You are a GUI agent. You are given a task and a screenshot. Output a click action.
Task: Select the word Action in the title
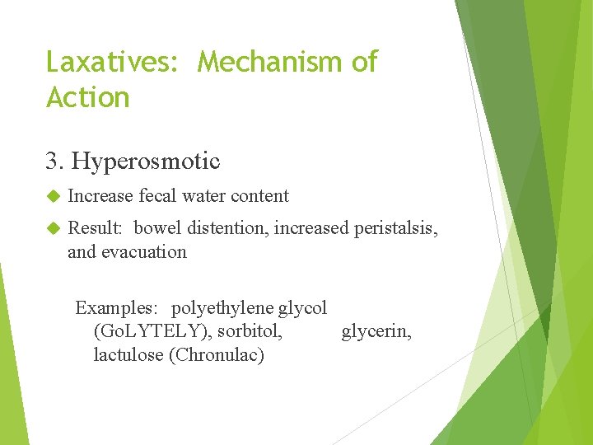click(88, 98)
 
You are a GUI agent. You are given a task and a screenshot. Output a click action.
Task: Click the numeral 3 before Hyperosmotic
click(54, 161)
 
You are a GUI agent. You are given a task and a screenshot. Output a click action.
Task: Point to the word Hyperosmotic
click(146, 162)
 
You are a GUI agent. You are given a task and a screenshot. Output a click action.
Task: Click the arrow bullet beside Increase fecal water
click(54, 196)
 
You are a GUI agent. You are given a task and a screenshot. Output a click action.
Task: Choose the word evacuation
click(144, 252)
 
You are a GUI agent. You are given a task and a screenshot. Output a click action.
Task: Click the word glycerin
click(376, 332)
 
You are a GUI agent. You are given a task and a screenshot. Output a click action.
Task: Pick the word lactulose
click(128, 356)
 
